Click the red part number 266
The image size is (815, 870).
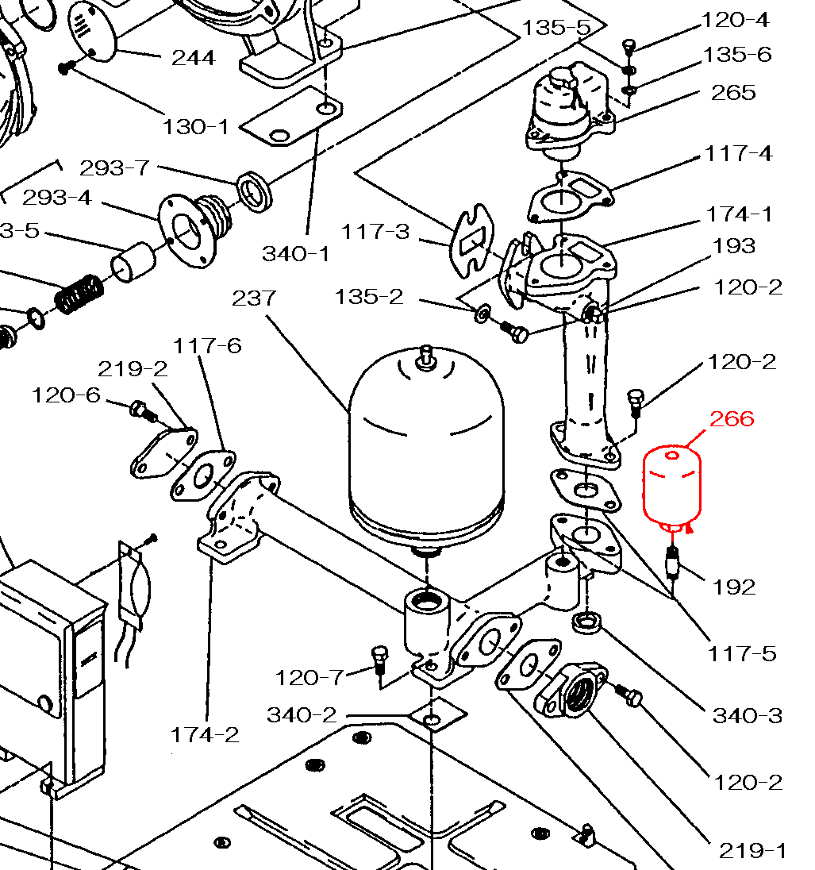pos(731,418)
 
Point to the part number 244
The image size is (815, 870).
pos(193,58)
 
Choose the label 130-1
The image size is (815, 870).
pos(195,126)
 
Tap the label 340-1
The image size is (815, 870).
pos(295,253)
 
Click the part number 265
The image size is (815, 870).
pos(733,93)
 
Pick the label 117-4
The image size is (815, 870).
pos(738,153)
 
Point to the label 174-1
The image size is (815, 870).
pos(739,214)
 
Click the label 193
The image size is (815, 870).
pos(734,246)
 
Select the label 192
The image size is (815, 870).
pos(734,587)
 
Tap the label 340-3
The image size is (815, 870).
pos(747,716)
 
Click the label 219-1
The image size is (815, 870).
pos(752,851)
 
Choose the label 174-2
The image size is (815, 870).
pos(205,735)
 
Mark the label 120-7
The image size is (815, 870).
pos(309,678)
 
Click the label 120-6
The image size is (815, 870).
pos(66,395)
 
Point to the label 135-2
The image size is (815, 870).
pos(368,297)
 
